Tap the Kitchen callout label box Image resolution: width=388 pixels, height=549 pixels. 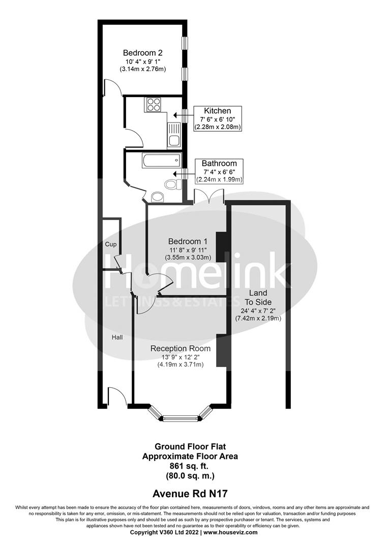pos(218,119)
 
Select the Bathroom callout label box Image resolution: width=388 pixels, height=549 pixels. pos(219,171)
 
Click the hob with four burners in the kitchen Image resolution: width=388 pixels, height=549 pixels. pos(154,105)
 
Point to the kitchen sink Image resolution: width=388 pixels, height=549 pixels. pos(173,135)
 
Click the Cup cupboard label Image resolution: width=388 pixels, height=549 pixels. pos(111,245)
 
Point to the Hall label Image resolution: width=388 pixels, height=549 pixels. pos(117,337)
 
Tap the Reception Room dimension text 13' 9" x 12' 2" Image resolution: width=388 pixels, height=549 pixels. pos(180,357)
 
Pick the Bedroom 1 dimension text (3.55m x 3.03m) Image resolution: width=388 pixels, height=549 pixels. pos(187,257)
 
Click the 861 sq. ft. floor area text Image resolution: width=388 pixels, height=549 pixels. pos(190,466)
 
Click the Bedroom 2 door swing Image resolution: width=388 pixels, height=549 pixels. pos(112,89)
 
